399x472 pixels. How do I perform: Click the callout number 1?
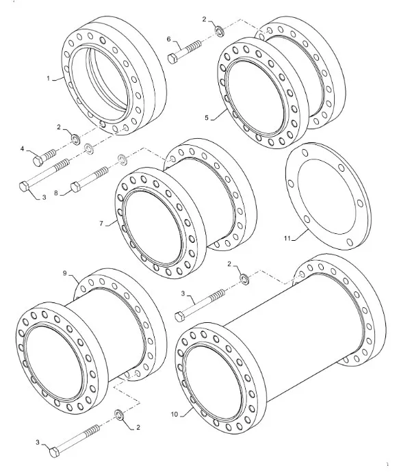pos(48,79)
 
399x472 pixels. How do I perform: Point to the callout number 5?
pos(207,118)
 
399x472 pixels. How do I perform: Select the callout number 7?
pos(101,224)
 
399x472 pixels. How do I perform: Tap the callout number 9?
pos(65,273)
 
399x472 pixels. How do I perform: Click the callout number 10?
pos(175,415)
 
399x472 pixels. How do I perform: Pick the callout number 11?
pos(287,239)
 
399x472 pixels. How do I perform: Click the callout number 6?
pos(168,39)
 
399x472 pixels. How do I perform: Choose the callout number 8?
pos(56,194)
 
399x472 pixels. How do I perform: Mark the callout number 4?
pos(22,148)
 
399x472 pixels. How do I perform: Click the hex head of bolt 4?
pos(38,161)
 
